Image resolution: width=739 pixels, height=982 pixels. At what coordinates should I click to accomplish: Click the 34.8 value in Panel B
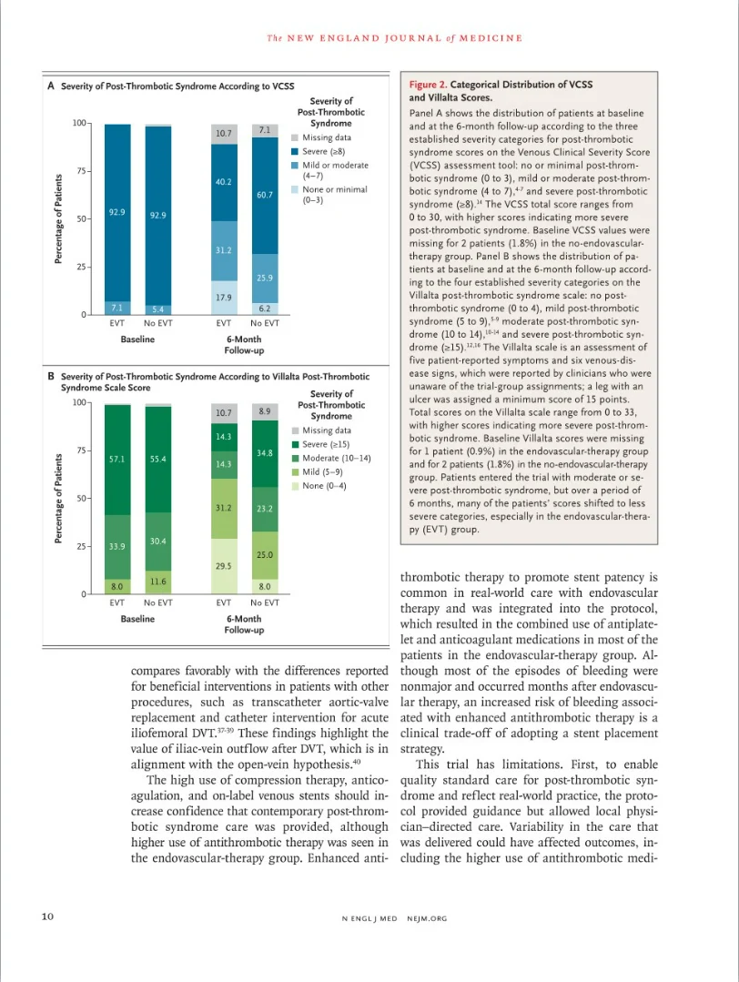[x=264, y=453]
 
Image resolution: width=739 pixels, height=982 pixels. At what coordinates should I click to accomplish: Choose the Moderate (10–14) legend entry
[x=336, y=457]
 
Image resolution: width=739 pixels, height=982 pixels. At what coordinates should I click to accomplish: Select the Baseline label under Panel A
[x=137, y=339]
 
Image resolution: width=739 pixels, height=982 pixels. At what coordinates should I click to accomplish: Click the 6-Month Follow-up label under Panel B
[x=244, y=624]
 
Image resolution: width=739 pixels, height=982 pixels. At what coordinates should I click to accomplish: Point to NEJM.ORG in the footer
[x=427, y=918]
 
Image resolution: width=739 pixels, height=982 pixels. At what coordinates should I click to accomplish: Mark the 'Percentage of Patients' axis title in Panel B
[x=59, y=500]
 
